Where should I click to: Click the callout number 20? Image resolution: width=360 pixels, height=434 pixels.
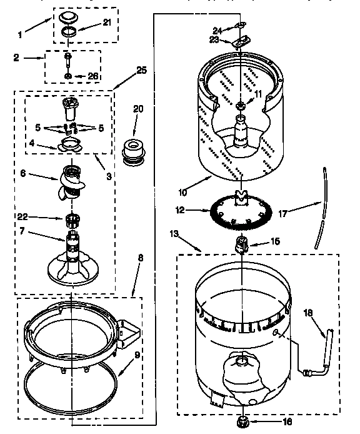click(138, 109)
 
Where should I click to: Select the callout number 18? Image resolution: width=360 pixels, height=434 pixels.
click(307, 312)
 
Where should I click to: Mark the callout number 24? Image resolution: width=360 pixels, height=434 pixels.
click(217, 29)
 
